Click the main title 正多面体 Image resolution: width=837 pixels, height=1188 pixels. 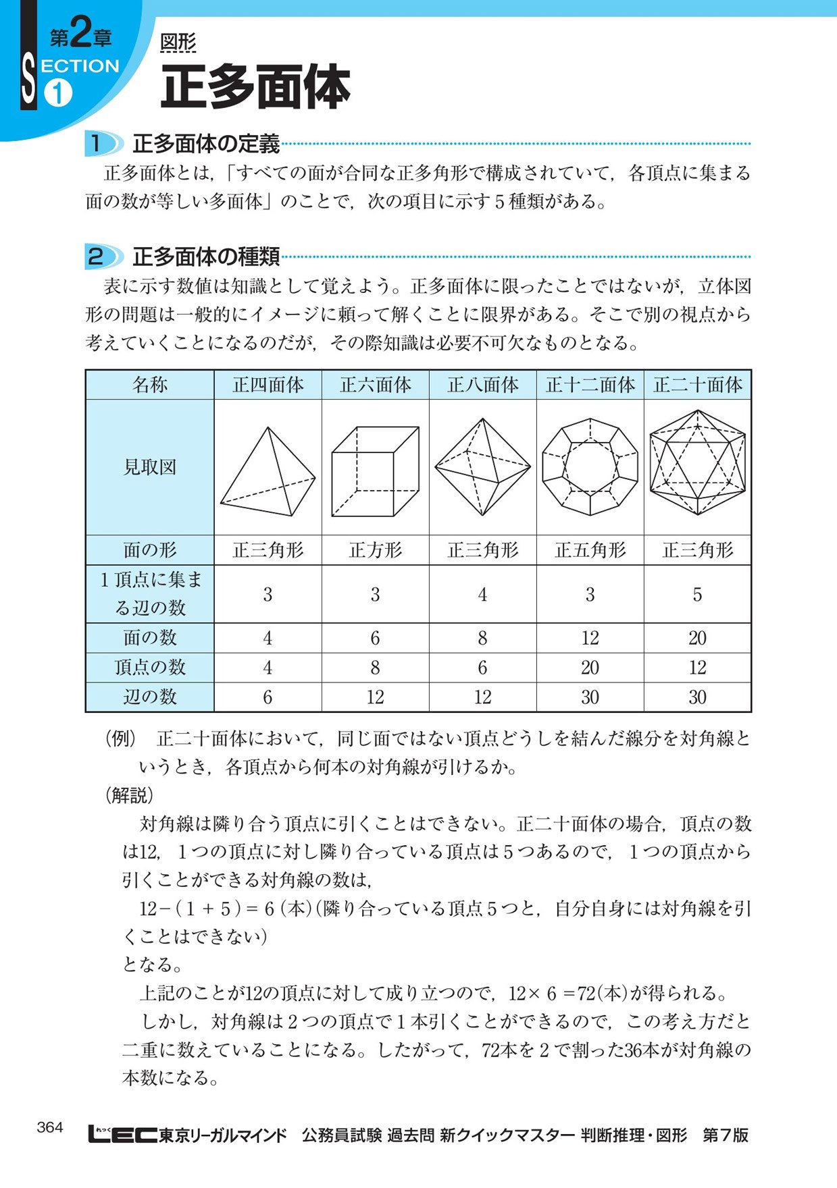coord(255,87)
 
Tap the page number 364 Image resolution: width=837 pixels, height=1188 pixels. coord(50,1127)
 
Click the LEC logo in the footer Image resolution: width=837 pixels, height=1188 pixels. coord(122,1134)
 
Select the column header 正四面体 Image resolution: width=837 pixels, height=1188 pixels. coord(268,385)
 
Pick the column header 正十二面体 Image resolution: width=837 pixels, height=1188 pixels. coord(590,385)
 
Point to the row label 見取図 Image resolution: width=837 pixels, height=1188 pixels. coord(150,467)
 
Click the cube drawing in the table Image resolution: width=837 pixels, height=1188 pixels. coord(375,470)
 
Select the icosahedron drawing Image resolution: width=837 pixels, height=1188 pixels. coord(697,462)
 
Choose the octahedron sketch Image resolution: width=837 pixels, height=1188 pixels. coord(482,466)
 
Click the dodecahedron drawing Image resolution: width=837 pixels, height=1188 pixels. coord(590,466)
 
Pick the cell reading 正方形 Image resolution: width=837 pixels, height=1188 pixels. coord(375,550)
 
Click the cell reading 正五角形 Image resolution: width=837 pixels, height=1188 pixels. coord(590,550)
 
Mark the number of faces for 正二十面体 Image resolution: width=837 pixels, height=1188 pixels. coord(697,638)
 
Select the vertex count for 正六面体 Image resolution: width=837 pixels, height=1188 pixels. coord(375,668)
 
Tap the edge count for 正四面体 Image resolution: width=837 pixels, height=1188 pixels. coord(268,697)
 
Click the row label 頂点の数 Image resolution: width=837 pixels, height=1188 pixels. coord(150,668)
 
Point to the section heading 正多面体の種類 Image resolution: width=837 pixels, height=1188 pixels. coord(206,256)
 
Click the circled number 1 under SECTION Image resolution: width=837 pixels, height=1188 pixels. coord(58,93)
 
